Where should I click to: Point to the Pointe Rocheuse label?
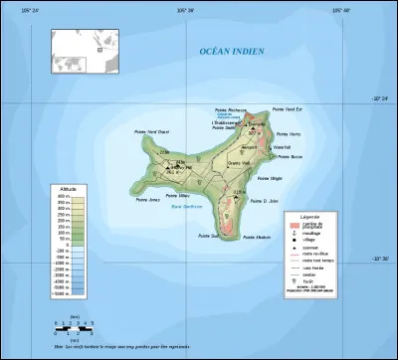point(231,109)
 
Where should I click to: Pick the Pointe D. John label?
point(266,200)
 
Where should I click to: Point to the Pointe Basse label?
point(290,157)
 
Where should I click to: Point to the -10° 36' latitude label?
point(378,261)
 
